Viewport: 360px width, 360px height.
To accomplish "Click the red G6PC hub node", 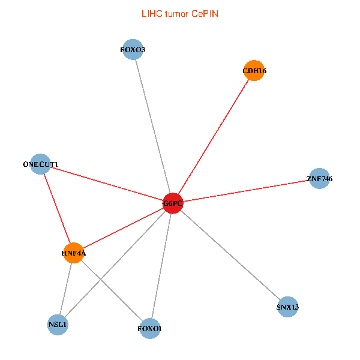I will point(173,203).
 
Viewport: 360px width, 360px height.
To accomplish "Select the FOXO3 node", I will point(132,49).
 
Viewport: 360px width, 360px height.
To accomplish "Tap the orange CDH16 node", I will point(254,71).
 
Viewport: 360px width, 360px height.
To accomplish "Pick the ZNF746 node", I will point(319,178).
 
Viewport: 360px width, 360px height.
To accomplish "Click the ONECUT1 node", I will point(40,164).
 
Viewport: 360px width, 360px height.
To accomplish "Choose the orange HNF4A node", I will point(74,253).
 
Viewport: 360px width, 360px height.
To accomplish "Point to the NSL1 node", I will point(58,325).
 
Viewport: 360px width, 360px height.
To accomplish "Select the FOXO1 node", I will point(150,329).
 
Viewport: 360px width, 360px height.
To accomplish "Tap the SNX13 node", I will point(288,307).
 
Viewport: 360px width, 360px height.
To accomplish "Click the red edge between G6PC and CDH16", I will point(214,137).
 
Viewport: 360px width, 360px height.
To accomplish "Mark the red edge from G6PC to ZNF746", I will point(246,191).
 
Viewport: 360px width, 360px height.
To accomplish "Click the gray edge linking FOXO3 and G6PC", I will point(152,126).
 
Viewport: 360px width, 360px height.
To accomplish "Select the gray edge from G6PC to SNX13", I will point(230,255).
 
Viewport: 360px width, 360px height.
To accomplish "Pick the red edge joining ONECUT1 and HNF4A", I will point(57,208).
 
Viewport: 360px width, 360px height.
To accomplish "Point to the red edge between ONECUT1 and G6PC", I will point(106,184).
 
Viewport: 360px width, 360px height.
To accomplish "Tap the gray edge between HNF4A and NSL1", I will point(66,289).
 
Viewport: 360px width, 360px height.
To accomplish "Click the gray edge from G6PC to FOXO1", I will point(161,266).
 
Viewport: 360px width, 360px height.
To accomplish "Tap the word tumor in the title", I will point(177,13).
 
